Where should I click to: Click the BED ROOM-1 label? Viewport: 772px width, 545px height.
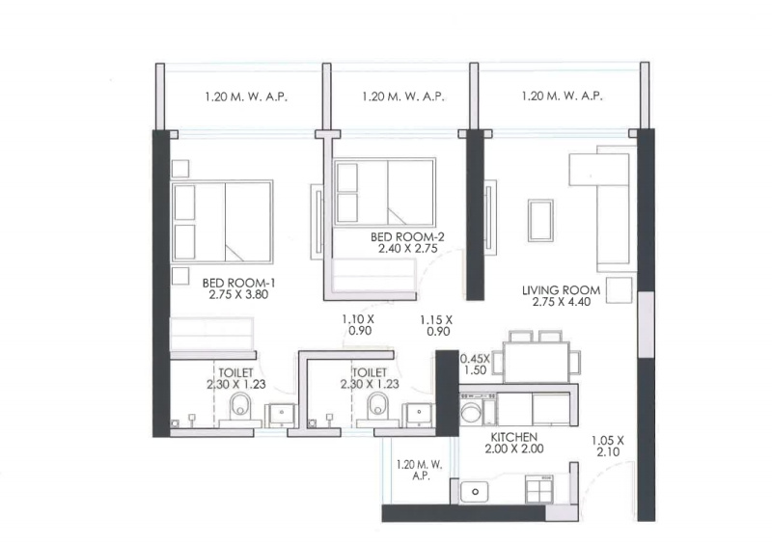(x=238, y=283)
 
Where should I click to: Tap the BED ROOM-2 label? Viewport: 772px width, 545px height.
(x=407, y=236)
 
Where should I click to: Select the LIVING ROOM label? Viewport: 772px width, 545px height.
(x=562, y=290)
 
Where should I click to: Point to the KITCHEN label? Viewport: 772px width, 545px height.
(x=514, y=437)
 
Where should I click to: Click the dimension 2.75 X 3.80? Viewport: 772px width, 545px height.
(x=238, y=295)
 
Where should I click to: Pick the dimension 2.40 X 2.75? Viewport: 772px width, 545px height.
(x=407, y=249)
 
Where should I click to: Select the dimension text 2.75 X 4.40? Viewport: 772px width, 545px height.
(x=562, y=302)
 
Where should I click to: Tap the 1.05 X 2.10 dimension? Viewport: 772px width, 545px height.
(x=608, y=446)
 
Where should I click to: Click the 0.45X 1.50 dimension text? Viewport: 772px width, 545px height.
(x=475, y=365)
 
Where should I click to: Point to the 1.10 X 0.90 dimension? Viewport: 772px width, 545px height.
(x=359, y=325)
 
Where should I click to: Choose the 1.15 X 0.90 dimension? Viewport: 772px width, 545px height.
(x=437, y=325)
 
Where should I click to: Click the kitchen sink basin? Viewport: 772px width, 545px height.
(x=475, y=492)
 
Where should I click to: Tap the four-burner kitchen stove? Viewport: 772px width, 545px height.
(x=539, y=489)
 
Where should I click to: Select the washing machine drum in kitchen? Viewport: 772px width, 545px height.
(x=471, y=413)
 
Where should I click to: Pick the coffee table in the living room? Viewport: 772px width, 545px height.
(x=540, y=220)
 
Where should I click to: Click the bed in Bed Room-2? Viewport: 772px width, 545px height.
(x=384, y=192)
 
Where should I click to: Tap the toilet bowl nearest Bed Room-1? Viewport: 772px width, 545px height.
(x=240, y=406)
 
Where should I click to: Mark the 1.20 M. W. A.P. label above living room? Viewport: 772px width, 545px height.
(x=562, y=96)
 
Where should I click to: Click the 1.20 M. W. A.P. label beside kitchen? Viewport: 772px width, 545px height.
(x=420, y=470)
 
